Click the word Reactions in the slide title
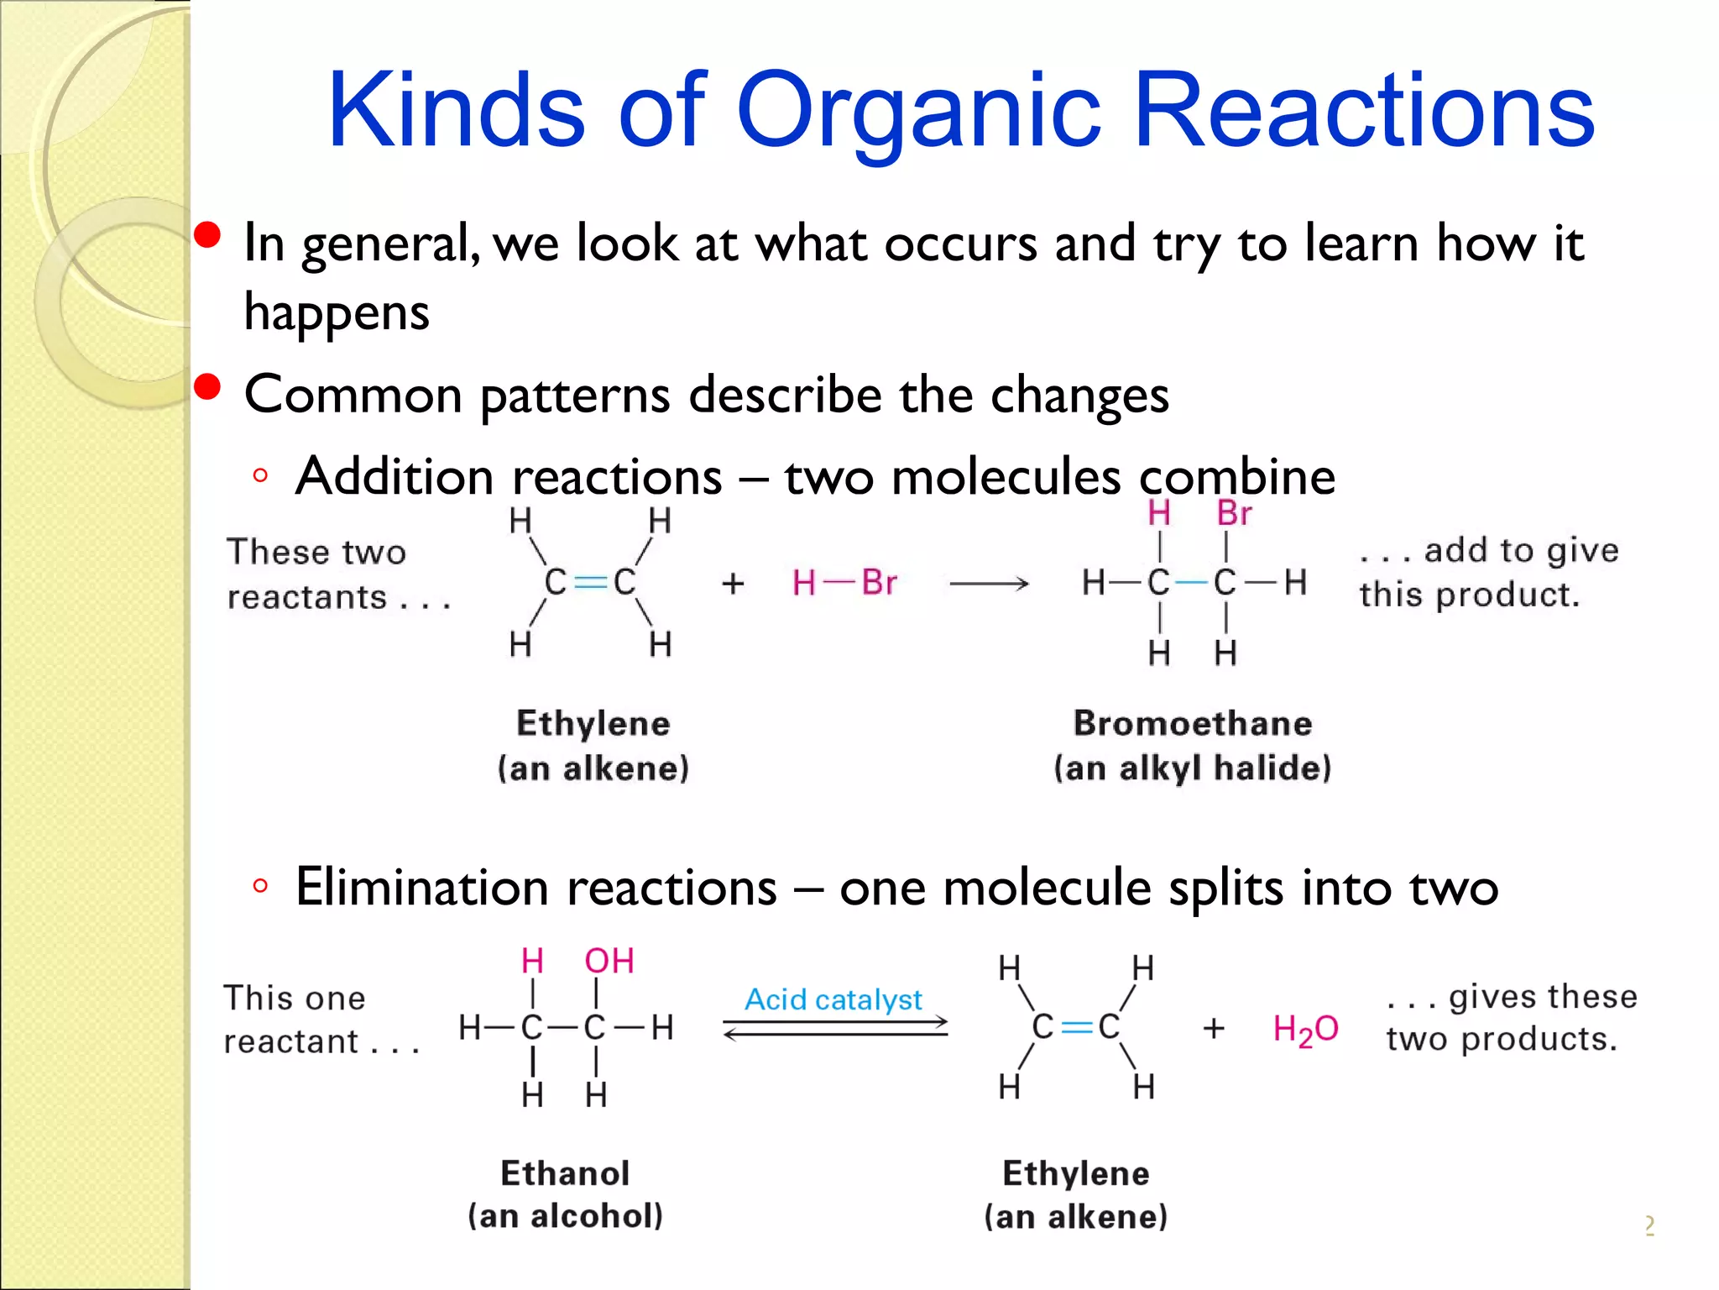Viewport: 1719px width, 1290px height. [1363, 111]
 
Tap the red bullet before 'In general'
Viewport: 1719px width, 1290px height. [207, 235]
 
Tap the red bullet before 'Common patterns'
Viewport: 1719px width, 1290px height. [207, 387]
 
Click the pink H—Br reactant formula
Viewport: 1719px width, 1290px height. [844, 582]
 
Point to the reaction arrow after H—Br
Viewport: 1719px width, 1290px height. [989, 583]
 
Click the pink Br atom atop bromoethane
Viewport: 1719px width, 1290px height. [1234, 513]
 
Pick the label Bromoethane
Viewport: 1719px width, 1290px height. [1193, 723]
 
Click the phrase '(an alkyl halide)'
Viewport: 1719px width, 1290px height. [1193, 768]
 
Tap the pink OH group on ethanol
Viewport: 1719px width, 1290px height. [609, 961]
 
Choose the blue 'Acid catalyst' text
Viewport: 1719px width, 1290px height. [833, 999]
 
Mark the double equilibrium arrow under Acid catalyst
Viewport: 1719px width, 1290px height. [835, 1028]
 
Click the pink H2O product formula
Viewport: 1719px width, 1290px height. [1305, 1030]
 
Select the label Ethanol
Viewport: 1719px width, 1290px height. [565, 1173]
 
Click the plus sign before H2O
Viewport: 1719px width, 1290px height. [1214, 1029]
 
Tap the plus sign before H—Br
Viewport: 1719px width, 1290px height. [733, 583]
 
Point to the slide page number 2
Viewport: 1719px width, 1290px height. [1649, 1226]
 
